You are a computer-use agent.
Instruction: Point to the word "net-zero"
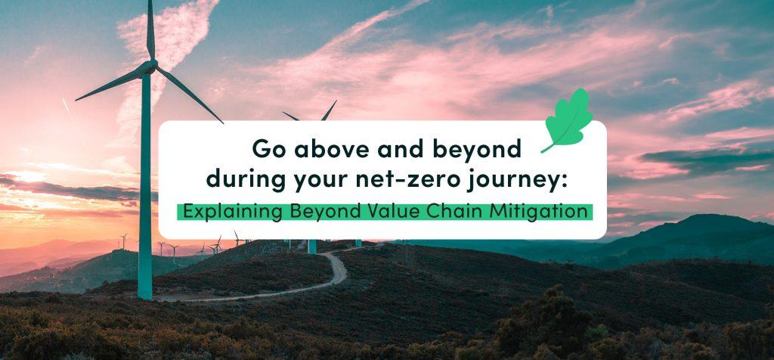click(x=396, y=182)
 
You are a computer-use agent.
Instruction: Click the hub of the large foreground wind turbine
click(x=150, y=67)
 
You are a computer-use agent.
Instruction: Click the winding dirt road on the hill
click(x=333, y=269)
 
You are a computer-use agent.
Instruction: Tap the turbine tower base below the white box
click(x=311, y=247)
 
